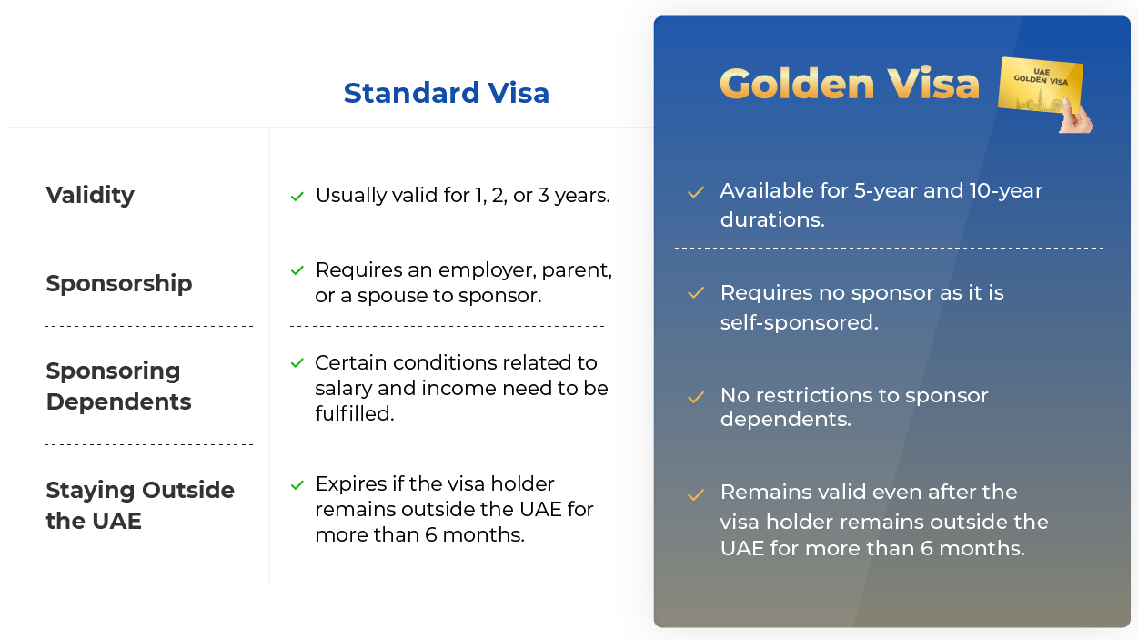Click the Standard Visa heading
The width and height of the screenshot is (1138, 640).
[x=446, y=93]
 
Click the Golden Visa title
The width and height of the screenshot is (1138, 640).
[x=850, y=83]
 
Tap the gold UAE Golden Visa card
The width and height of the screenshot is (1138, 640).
[x=1039, y=85]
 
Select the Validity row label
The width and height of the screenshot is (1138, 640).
[x=90, y=195]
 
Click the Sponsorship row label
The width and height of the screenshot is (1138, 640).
[x=119, y=283]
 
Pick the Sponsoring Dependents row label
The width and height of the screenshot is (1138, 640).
[x=118, y=386]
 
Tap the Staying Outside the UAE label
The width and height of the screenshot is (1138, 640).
[x=140, y=505]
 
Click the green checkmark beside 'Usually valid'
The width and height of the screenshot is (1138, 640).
[x=297, y=197]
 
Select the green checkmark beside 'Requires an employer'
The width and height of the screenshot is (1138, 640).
[x=297, y=270]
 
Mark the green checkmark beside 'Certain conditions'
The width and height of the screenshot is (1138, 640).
[x=297, y=363]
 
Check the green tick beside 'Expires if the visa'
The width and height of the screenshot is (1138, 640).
[x=297, y=485]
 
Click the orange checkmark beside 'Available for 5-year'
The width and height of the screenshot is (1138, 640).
[x=696, y=192]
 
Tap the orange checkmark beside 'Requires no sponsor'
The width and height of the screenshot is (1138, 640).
[x=696, y=293]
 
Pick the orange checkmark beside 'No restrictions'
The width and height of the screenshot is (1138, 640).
[x=696, y=397]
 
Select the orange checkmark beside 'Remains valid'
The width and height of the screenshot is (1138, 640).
[x=696, y=494]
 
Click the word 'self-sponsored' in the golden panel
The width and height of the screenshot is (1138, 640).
[x=798, y=322]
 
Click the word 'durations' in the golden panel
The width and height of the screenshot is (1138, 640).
[x=770, y=219]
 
